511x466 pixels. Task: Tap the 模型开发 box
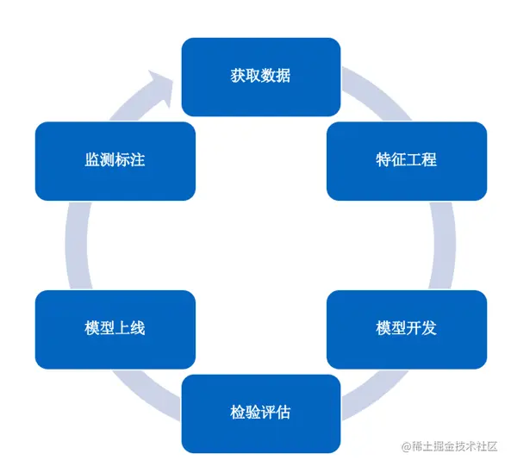pyautogui.click(x=406, y=329)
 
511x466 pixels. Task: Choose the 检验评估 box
pyautogui.click(x=260, y=413)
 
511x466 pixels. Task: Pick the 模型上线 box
pyautogui.click(x=115, y=329)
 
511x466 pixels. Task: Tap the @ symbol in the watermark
pyautogui.click(x=406, y=446)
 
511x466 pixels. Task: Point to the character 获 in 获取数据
pyautogui.click(x=238, y=76)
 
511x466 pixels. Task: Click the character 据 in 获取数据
pyautogui.click(x=283, y=76)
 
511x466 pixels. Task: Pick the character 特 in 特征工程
pyautogui.click(x=383, y=159)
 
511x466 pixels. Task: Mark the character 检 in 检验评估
pyautogui.click(x=238, y=413)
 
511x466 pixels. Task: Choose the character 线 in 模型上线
pyautogui.click(x=138, y=328)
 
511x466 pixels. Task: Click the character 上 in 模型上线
pyautogui.click(x=122, y=328)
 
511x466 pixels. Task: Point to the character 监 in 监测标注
pyautogui.click(x=92, y=159)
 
